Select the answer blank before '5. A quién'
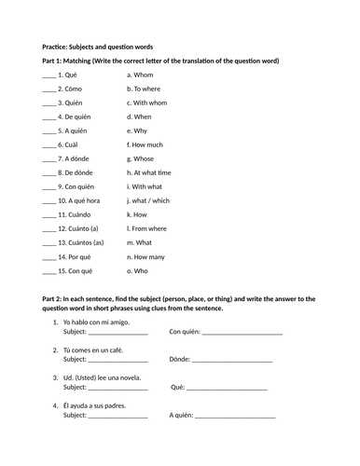click(x=49, y=131)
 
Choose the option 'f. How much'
click(x=149, y=145)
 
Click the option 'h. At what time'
click(x=154, y=172)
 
